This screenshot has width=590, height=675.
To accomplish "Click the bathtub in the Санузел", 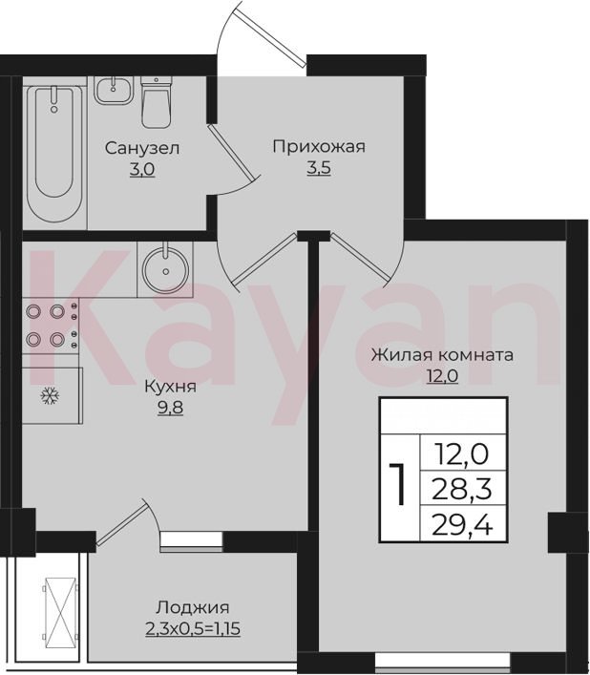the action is [54, 152].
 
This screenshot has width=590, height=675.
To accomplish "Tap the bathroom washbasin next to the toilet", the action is [114, 90].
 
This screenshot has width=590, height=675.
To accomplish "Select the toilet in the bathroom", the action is [157, 102].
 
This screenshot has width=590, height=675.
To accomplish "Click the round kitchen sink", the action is [166, 270].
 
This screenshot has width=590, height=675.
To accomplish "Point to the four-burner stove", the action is [51, 327].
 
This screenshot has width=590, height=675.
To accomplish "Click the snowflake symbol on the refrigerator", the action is [50, 395].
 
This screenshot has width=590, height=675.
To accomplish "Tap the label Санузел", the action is [142, 149].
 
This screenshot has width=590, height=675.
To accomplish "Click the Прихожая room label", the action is [319, 147].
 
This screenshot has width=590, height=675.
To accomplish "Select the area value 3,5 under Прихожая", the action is [319, 168].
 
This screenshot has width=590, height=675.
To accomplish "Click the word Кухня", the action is [171, 387].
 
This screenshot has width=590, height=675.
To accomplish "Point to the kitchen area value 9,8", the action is [171, 408].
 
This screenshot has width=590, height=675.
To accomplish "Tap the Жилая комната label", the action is [442, 355].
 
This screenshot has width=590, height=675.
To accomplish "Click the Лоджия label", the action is [192, 608].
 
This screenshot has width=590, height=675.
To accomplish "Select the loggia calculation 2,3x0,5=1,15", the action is [193, 629].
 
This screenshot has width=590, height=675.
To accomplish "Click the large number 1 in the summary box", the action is [398, 485].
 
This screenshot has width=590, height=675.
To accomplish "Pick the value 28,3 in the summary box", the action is [462, 490].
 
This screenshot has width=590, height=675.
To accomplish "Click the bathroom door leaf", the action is [231, 152].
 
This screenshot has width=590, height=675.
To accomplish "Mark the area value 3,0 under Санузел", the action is [142, 170].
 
